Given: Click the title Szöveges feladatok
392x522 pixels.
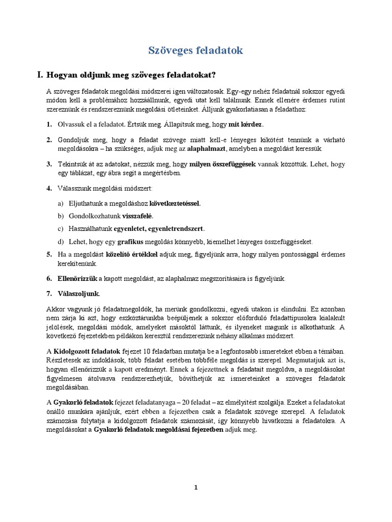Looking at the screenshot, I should (195, 50).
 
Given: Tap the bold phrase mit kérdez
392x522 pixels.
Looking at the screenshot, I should (246, 124).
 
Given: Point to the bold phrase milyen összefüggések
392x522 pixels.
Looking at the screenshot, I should (223, 164).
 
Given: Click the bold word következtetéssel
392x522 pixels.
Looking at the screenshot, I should (175, 203).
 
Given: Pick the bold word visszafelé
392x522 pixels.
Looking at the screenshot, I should (137, 216).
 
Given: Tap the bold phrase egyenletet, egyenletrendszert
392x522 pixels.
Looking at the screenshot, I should (159, 228).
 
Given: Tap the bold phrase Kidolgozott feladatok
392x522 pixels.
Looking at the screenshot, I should (87, 351).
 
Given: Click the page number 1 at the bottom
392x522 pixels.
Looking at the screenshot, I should (195, 487).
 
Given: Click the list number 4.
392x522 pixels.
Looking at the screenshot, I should (48, 189).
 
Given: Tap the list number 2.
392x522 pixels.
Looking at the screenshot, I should (48, 140).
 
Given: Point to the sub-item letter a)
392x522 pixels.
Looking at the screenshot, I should (61, 203).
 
